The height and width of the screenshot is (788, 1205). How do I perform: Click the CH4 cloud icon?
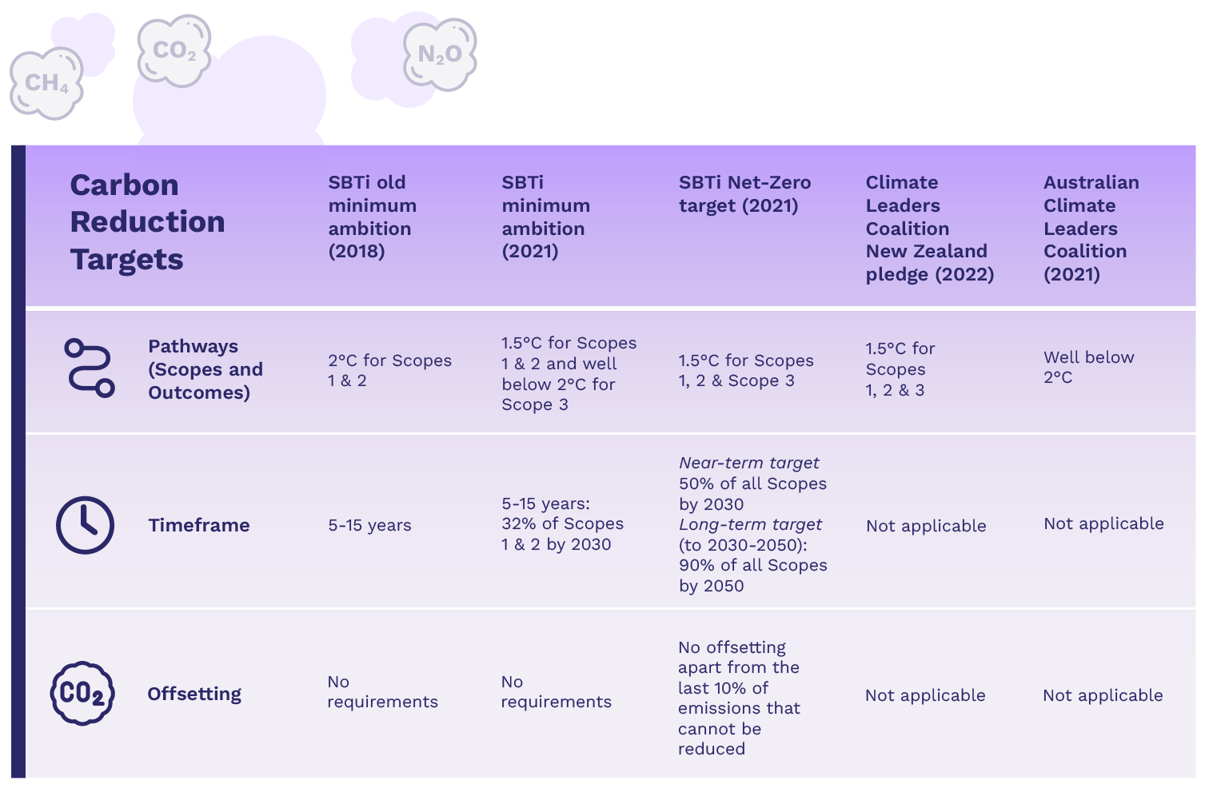46,83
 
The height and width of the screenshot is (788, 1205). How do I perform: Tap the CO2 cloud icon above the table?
174,50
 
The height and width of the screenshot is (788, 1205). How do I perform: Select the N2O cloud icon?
440,54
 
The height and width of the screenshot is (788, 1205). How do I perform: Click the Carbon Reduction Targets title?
147,222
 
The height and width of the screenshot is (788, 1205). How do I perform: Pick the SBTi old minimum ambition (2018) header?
372,217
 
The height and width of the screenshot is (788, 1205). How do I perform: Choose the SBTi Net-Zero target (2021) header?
744,194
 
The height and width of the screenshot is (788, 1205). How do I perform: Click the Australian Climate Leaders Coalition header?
1091,228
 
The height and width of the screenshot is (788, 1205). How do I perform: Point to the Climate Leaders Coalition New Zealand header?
929,228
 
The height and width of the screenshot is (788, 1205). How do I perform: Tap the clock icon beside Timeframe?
85,525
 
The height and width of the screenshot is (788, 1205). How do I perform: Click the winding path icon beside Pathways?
89,368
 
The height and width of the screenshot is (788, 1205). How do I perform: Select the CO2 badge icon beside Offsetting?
82,693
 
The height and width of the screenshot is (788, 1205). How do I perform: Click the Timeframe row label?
199,525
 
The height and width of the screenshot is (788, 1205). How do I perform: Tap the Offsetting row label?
194,694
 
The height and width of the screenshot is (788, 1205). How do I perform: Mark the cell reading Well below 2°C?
1088,367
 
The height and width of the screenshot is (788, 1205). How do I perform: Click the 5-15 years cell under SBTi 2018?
369,525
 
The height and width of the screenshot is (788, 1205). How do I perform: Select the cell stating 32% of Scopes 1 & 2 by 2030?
561,524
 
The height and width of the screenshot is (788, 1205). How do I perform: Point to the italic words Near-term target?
748,463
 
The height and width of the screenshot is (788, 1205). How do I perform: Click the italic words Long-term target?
750,524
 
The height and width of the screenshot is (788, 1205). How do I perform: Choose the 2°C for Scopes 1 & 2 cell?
389,370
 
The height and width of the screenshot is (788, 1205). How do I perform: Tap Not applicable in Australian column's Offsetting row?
1103,695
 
